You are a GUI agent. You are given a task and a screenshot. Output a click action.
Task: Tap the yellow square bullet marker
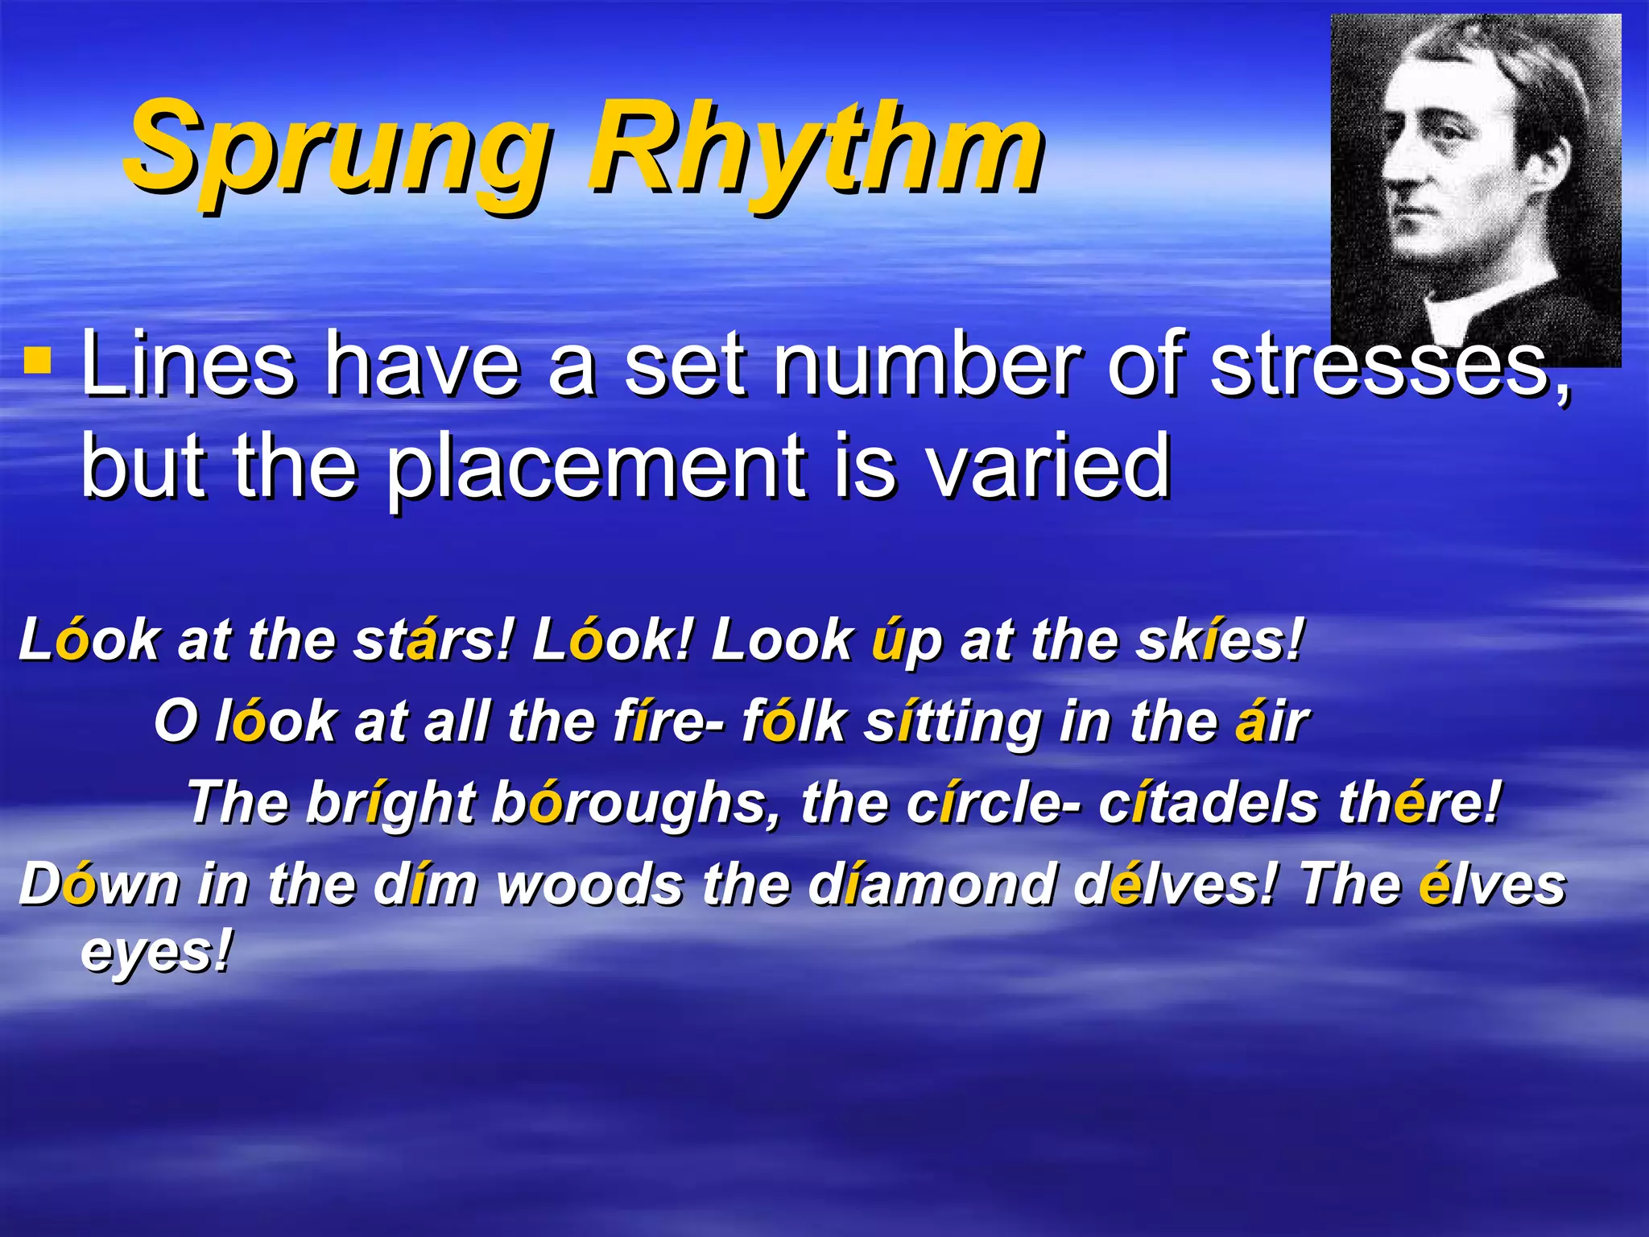37,362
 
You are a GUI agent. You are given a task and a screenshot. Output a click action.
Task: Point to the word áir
1272,722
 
